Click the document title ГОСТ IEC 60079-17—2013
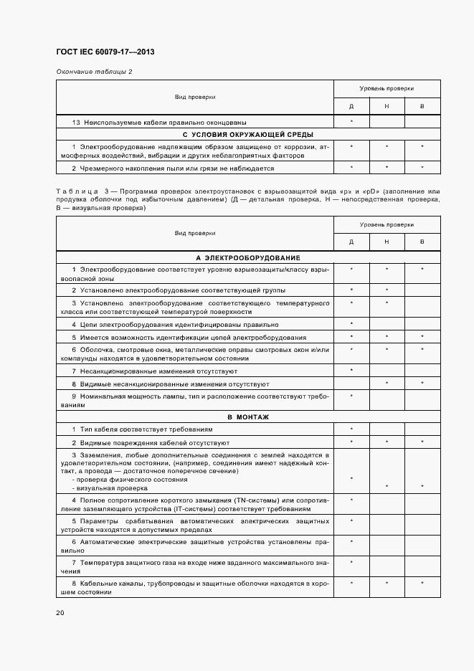coord(105,52)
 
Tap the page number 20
coord(60,613)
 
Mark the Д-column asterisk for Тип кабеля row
coord(351,429)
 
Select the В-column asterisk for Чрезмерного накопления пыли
coord(422,168)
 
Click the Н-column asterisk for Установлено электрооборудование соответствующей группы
coord(387,290)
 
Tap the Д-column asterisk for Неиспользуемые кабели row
coord(351,122)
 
